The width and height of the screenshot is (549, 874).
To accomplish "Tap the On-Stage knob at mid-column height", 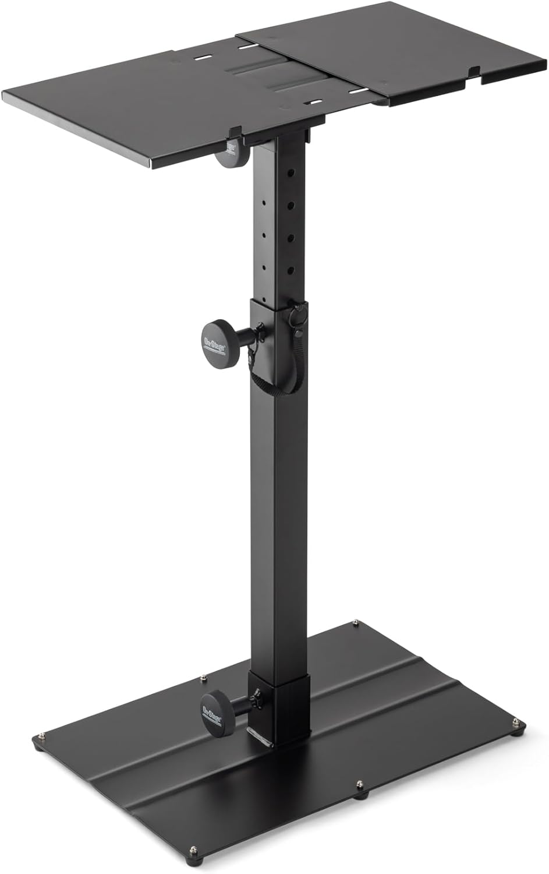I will click(x=215, y=336).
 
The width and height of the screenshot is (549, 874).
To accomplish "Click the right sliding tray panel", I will click(x=396, y=64).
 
